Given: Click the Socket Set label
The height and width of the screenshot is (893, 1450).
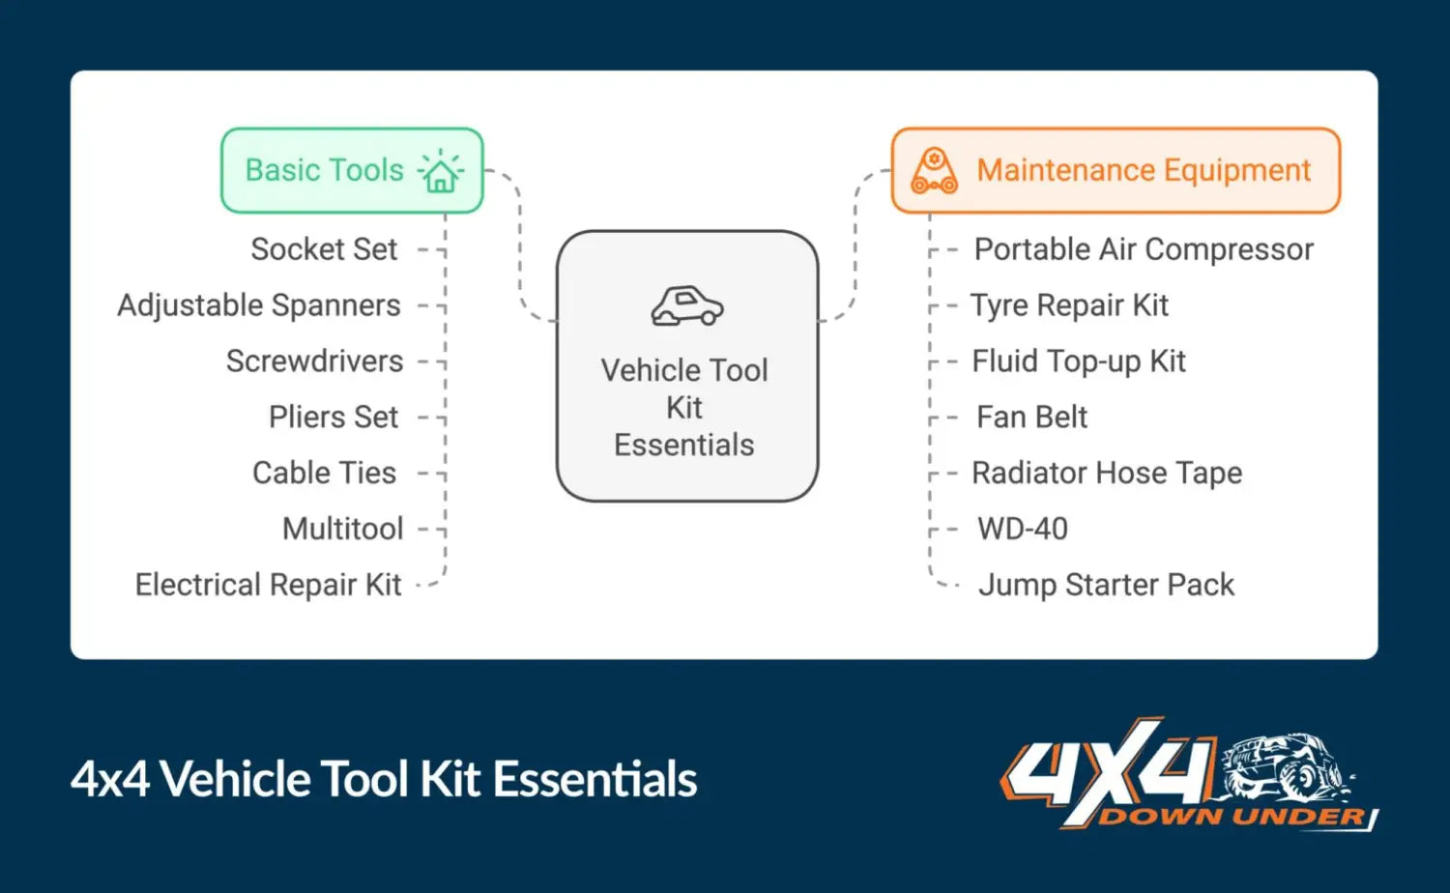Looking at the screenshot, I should point(324,249).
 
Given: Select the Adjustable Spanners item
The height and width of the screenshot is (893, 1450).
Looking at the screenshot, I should point(259,305).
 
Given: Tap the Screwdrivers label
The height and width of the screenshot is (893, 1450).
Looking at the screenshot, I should point(314,361).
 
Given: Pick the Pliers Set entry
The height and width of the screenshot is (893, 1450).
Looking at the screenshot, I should point(333,418).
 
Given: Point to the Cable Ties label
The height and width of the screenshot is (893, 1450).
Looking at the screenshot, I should point(324,474).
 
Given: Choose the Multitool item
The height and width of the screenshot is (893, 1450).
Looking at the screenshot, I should point(342,530).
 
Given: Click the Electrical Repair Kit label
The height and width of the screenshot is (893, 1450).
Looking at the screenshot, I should point(268,586).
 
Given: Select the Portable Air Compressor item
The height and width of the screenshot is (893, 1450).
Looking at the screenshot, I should point(1144,249).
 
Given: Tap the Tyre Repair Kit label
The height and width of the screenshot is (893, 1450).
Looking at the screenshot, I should point(1069,305).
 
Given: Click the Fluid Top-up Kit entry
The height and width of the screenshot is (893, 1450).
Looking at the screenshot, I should point(1079,361).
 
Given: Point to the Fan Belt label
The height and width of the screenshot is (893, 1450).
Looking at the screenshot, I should point(1031,418).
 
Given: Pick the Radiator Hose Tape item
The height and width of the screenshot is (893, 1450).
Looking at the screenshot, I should point(1107,474).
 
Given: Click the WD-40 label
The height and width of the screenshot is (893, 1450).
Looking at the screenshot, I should point(1023,530).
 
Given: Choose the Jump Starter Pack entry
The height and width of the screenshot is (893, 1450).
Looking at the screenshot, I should point(1106,586).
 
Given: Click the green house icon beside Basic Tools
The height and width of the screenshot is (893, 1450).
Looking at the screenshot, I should point(441,172).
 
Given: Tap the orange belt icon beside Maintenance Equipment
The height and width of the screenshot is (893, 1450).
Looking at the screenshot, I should point(934,171).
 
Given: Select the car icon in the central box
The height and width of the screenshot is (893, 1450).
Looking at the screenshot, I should point(687,306).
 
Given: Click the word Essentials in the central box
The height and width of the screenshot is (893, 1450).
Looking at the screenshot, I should point(684,446).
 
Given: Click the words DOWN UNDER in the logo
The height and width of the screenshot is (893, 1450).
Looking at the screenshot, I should point(1232,817).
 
